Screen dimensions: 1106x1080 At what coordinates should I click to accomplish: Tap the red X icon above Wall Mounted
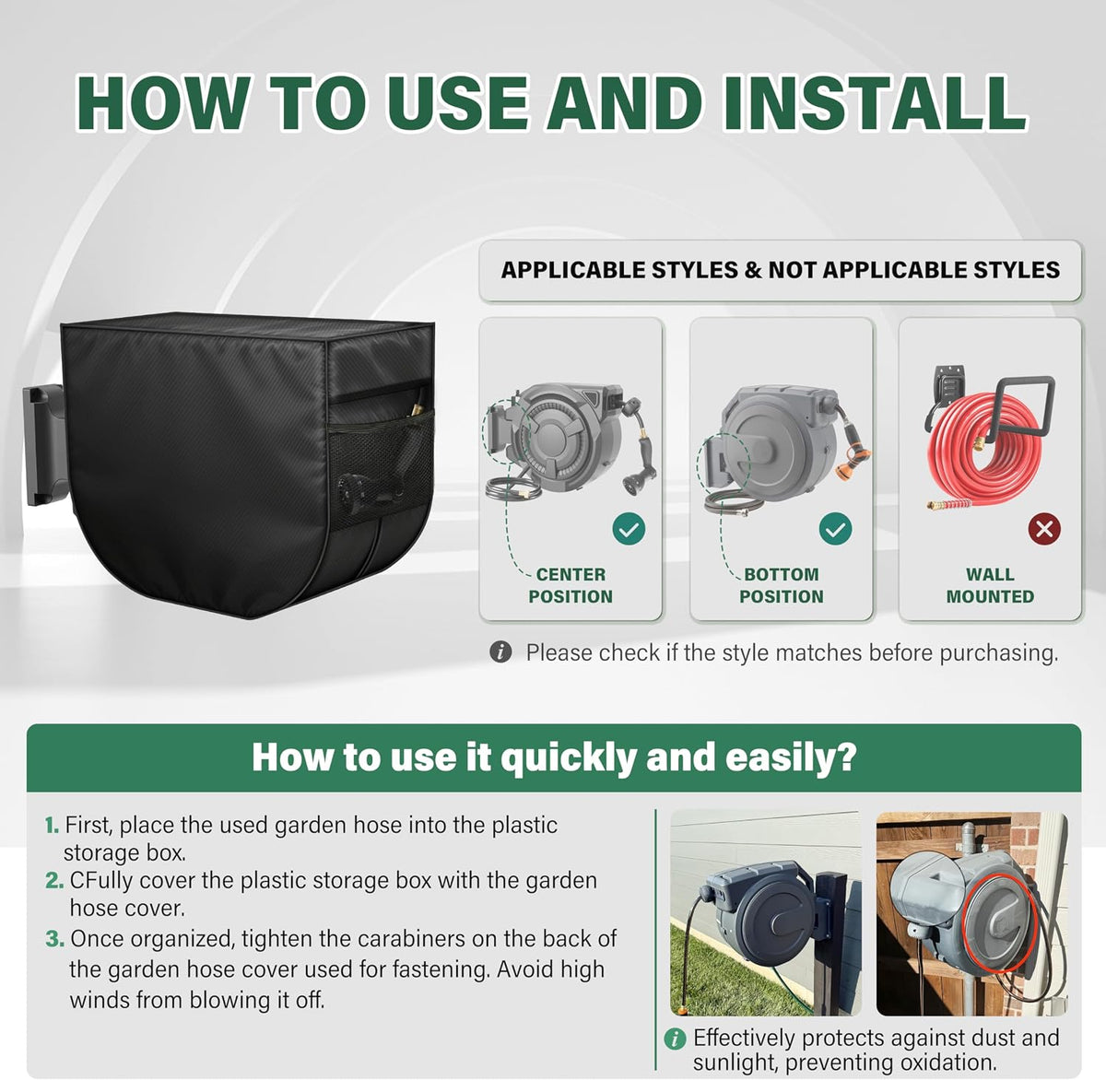[1044, 529]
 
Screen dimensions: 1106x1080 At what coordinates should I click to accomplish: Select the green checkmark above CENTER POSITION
[629, 529]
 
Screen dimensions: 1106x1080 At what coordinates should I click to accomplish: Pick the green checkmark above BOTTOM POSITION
[835, 529]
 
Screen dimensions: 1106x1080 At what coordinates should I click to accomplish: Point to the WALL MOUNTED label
[990, 585]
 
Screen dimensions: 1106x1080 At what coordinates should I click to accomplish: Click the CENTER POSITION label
[571, 585]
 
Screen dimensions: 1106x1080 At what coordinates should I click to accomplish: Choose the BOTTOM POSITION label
[782, 585]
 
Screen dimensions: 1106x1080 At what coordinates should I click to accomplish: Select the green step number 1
[52, 826]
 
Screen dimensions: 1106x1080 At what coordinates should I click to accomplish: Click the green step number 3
[54, 938]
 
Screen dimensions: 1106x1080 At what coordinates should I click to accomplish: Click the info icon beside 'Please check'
[500, 652]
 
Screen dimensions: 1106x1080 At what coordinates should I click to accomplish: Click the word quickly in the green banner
[570, 758]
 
